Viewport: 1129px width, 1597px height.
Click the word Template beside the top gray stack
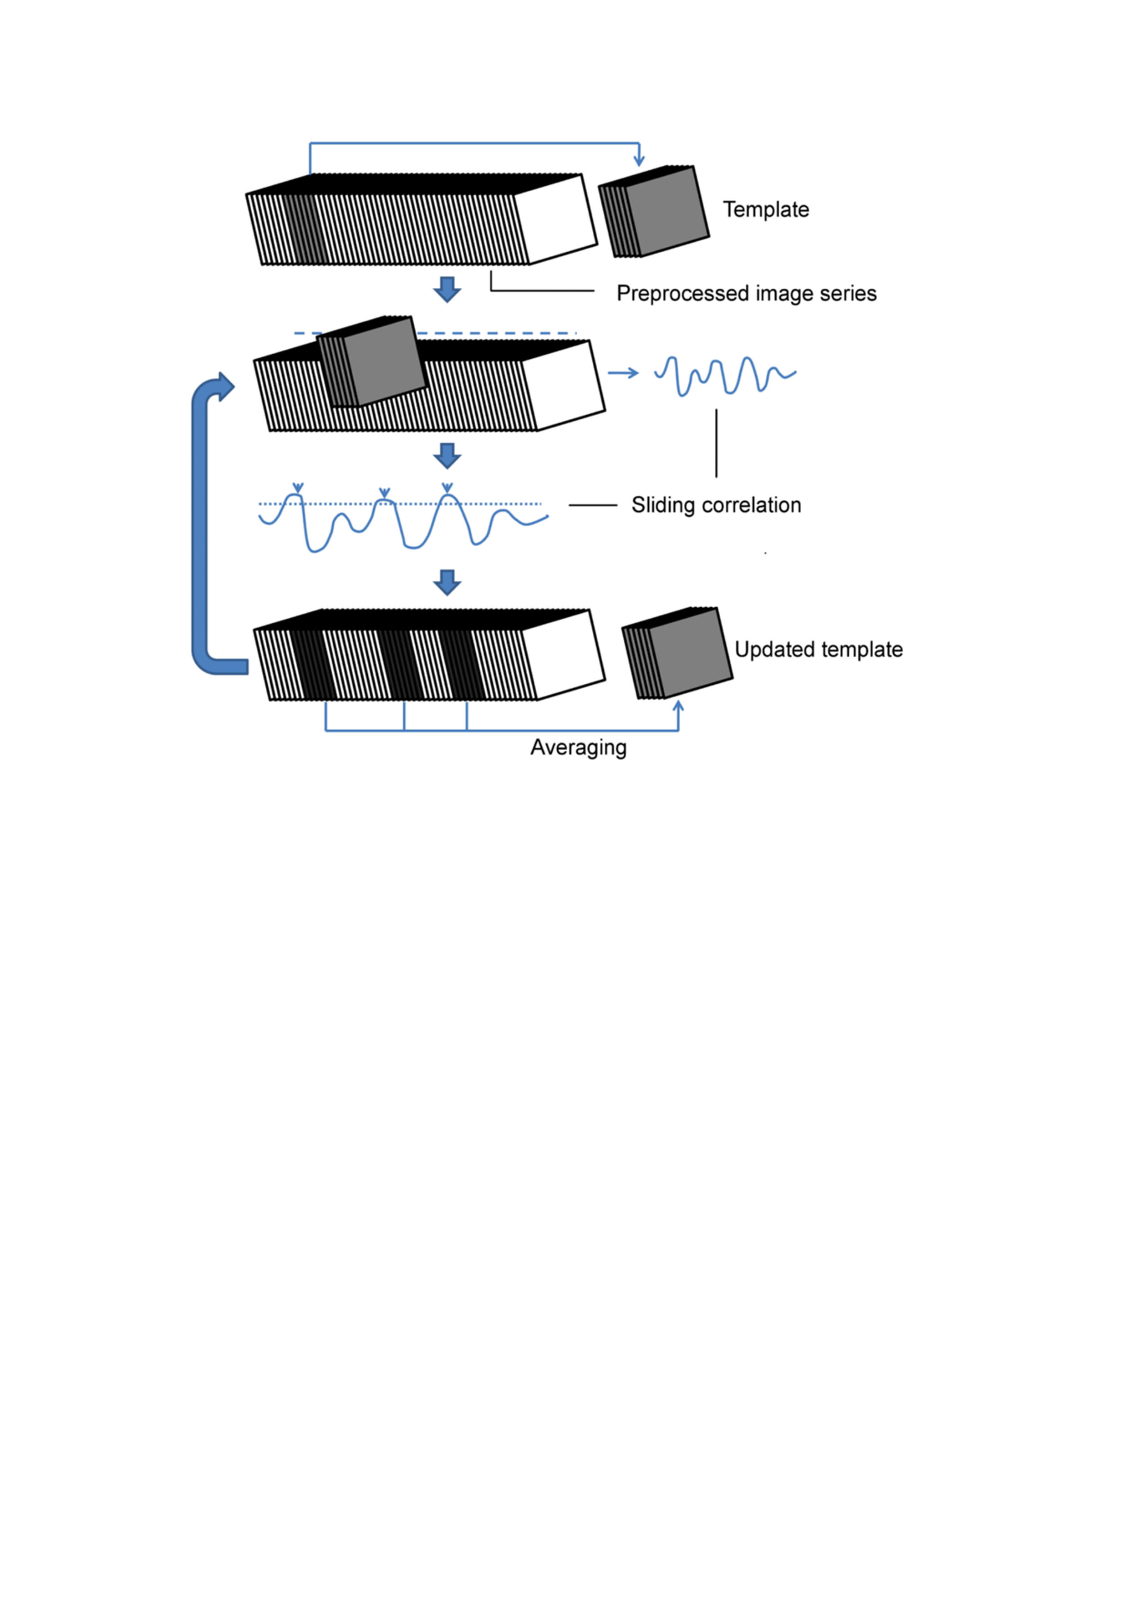point(766,209)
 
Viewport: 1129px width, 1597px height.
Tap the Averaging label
point(578,748)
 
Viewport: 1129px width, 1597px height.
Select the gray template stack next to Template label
point(664,210)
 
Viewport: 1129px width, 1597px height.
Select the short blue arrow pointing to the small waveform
point(623,373)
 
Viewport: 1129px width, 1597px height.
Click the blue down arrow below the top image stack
point(448,289)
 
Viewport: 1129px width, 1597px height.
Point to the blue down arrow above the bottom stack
point(448,581)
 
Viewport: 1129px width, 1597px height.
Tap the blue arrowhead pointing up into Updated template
point(679,707)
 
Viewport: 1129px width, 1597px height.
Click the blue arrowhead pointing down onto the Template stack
point(639,161)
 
